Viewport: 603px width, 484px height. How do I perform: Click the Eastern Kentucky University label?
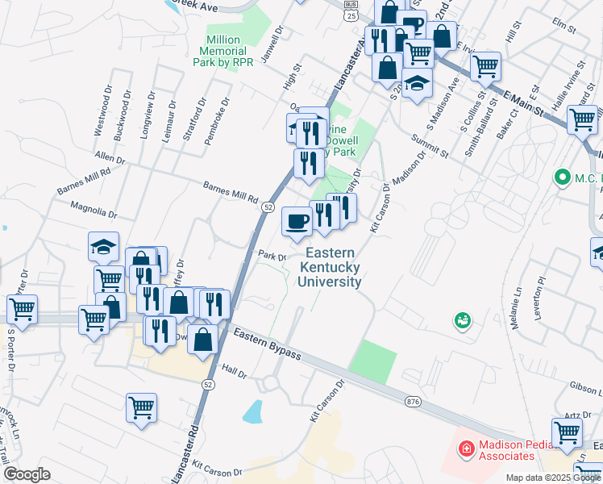pos(330,268)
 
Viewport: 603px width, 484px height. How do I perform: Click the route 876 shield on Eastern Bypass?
pos(414,401)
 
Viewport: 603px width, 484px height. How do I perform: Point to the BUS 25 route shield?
pos(349,11)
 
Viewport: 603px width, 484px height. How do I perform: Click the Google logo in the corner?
pos(27,474)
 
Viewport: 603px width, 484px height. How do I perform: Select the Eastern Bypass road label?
pos(267,344)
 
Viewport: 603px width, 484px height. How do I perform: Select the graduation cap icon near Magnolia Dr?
pos(103,248)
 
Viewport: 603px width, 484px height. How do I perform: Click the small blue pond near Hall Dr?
pos(253,411)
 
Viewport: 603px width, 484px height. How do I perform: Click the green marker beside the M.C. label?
pos(562,176)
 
